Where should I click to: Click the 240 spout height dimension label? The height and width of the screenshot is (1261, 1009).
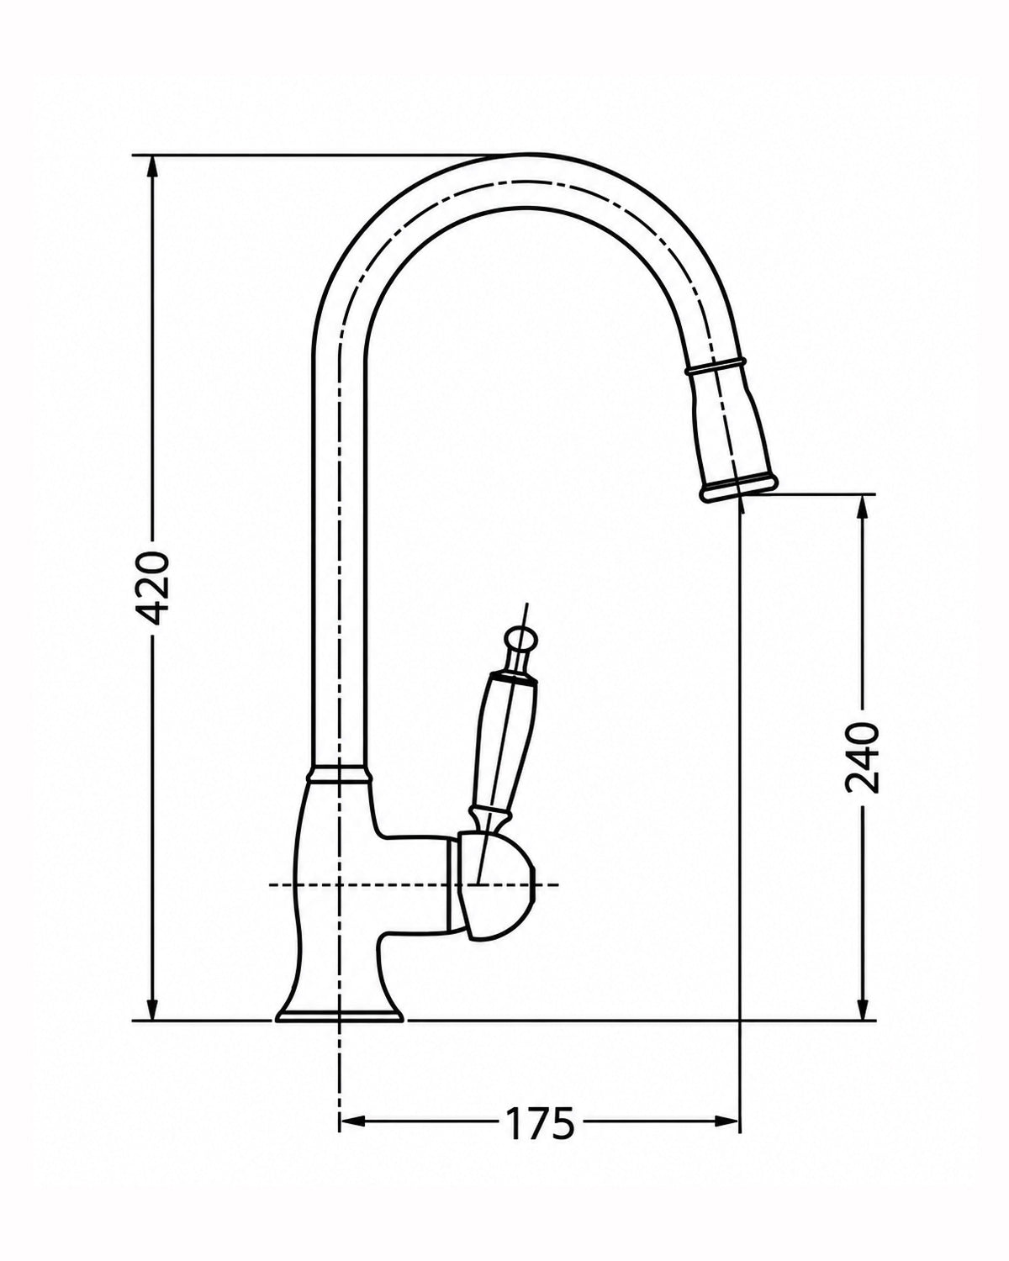(862, 757)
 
